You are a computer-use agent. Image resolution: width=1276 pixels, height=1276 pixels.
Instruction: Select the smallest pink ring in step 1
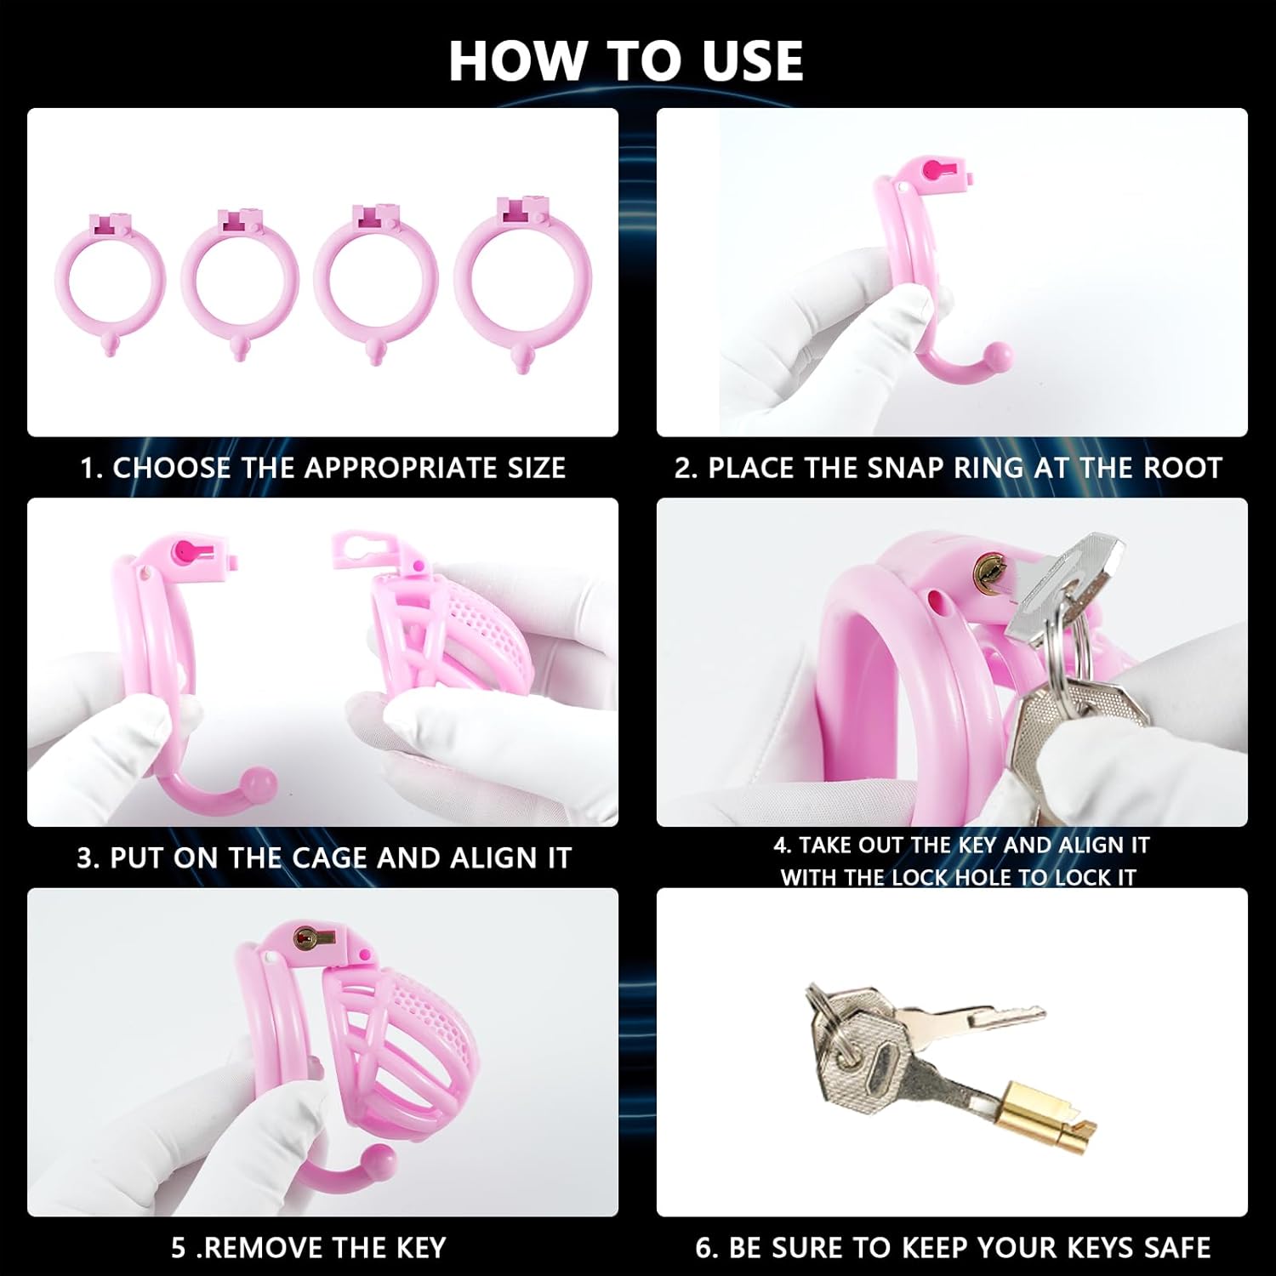point(60,276)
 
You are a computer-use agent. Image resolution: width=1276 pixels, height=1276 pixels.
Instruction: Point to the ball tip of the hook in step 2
point(999,353)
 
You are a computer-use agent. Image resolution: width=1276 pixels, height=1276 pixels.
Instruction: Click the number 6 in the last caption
point(704,1248)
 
